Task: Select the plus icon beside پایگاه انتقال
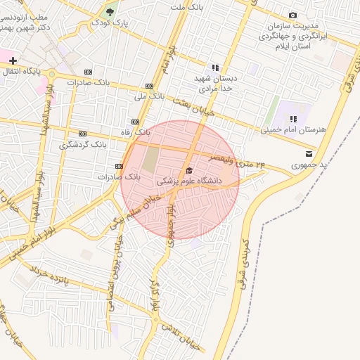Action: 13,61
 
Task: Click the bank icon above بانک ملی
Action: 148,84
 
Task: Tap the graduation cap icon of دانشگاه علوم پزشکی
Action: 188,170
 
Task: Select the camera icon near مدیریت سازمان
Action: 292,15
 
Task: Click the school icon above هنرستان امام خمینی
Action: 292,119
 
